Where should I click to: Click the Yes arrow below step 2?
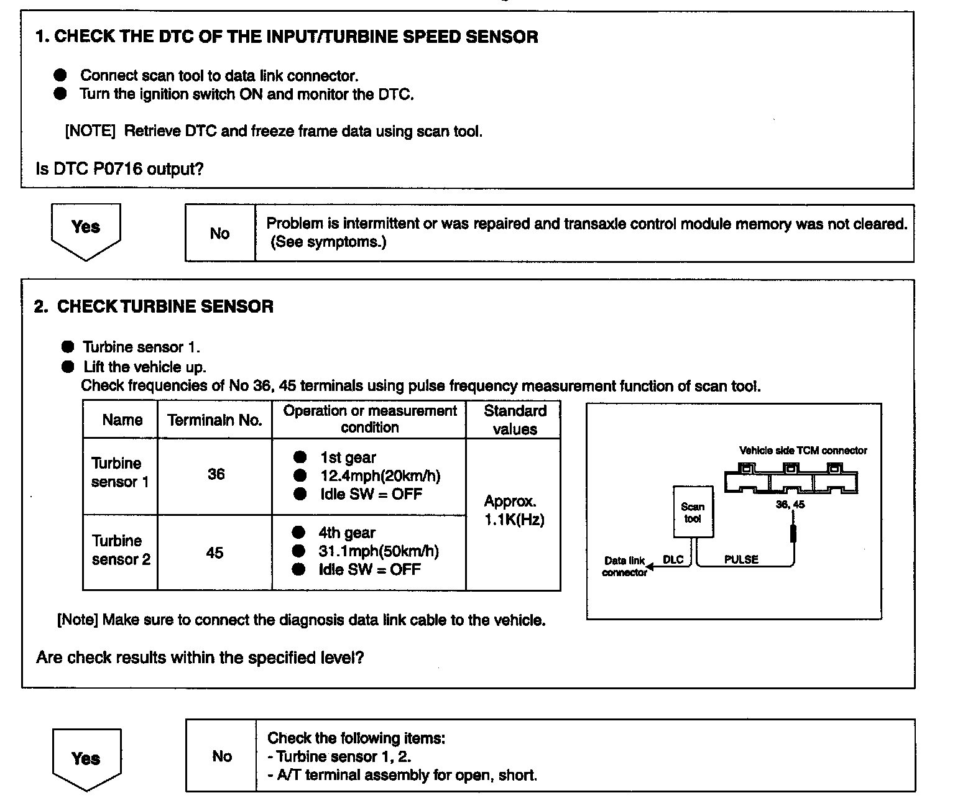pos(86,759)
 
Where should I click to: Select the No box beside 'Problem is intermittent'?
pos(220,233)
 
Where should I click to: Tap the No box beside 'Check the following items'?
pos(221,756)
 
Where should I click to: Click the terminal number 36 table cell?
pos(216,475)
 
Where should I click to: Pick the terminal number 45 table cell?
pos(215,553)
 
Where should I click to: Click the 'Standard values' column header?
pos(514,420)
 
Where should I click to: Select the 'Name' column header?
pos(122,420)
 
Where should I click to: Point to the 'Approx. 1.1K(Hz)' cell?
pos(514,510)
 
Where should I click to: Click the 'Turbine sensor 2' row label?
pos(121,550)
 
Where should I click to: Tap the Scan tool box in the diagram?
pos(693,513)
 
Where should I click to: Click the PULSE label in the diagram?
pos(741,559)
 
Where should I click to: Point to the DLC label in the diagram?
pos(673,559)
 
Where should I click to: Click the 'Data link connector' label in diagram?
pos(624,566)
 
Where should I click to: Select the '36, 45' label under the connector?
pos(790,505)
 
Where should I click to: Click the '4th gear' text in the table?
pos(347,533)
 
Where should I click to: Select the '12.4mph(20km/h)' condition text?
pos(380,476)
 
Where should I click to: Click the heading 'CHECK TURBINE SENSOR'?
pos(165,306)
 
